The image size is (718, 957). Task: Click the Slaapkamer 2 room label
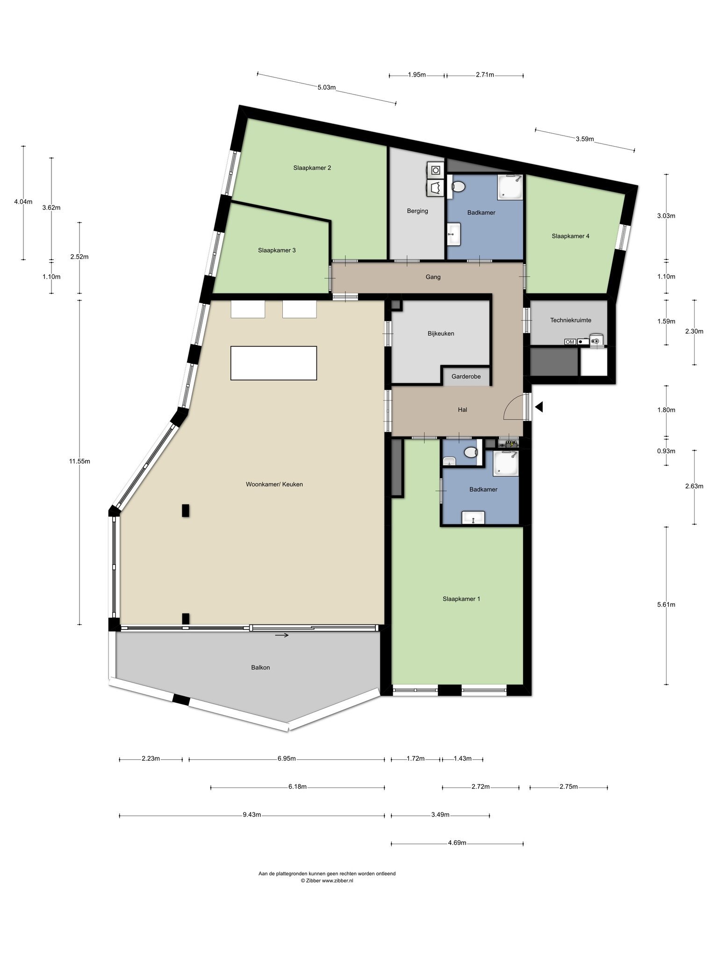(x=312, y=168)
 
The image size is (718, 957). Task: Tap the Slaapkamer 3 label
(x=277, y=250)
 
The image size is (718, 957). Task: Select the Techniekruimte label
(x=571, y=320)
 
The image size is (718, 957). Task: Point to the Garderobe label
(x=466, y=377)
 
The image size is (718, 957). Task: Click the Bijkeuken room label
(x=441, y=334)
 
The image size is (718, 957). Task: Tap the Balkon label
(x=260, y=668)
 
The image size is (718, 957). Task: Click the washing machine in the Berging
(x=436, y=169)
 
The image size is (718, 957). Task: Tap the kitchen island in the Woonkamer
(x=273, y=363)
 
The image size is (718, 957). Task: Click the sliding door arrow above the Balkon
(x=282, y=635)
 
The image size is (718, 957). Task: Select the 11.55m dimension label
(x=79, y=461)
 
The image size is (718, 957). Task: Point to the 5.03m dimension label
(x=327, y=87)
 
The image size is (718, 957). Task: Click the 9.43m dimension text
(x=251, y=815)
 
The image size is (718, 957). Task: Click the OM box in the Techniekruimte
(x=570, y=342)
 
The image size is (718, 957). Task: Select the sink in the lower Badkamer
(x=473, y=518)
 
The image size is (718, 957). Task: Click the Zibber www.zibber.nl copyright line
(x=327, y=881)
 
